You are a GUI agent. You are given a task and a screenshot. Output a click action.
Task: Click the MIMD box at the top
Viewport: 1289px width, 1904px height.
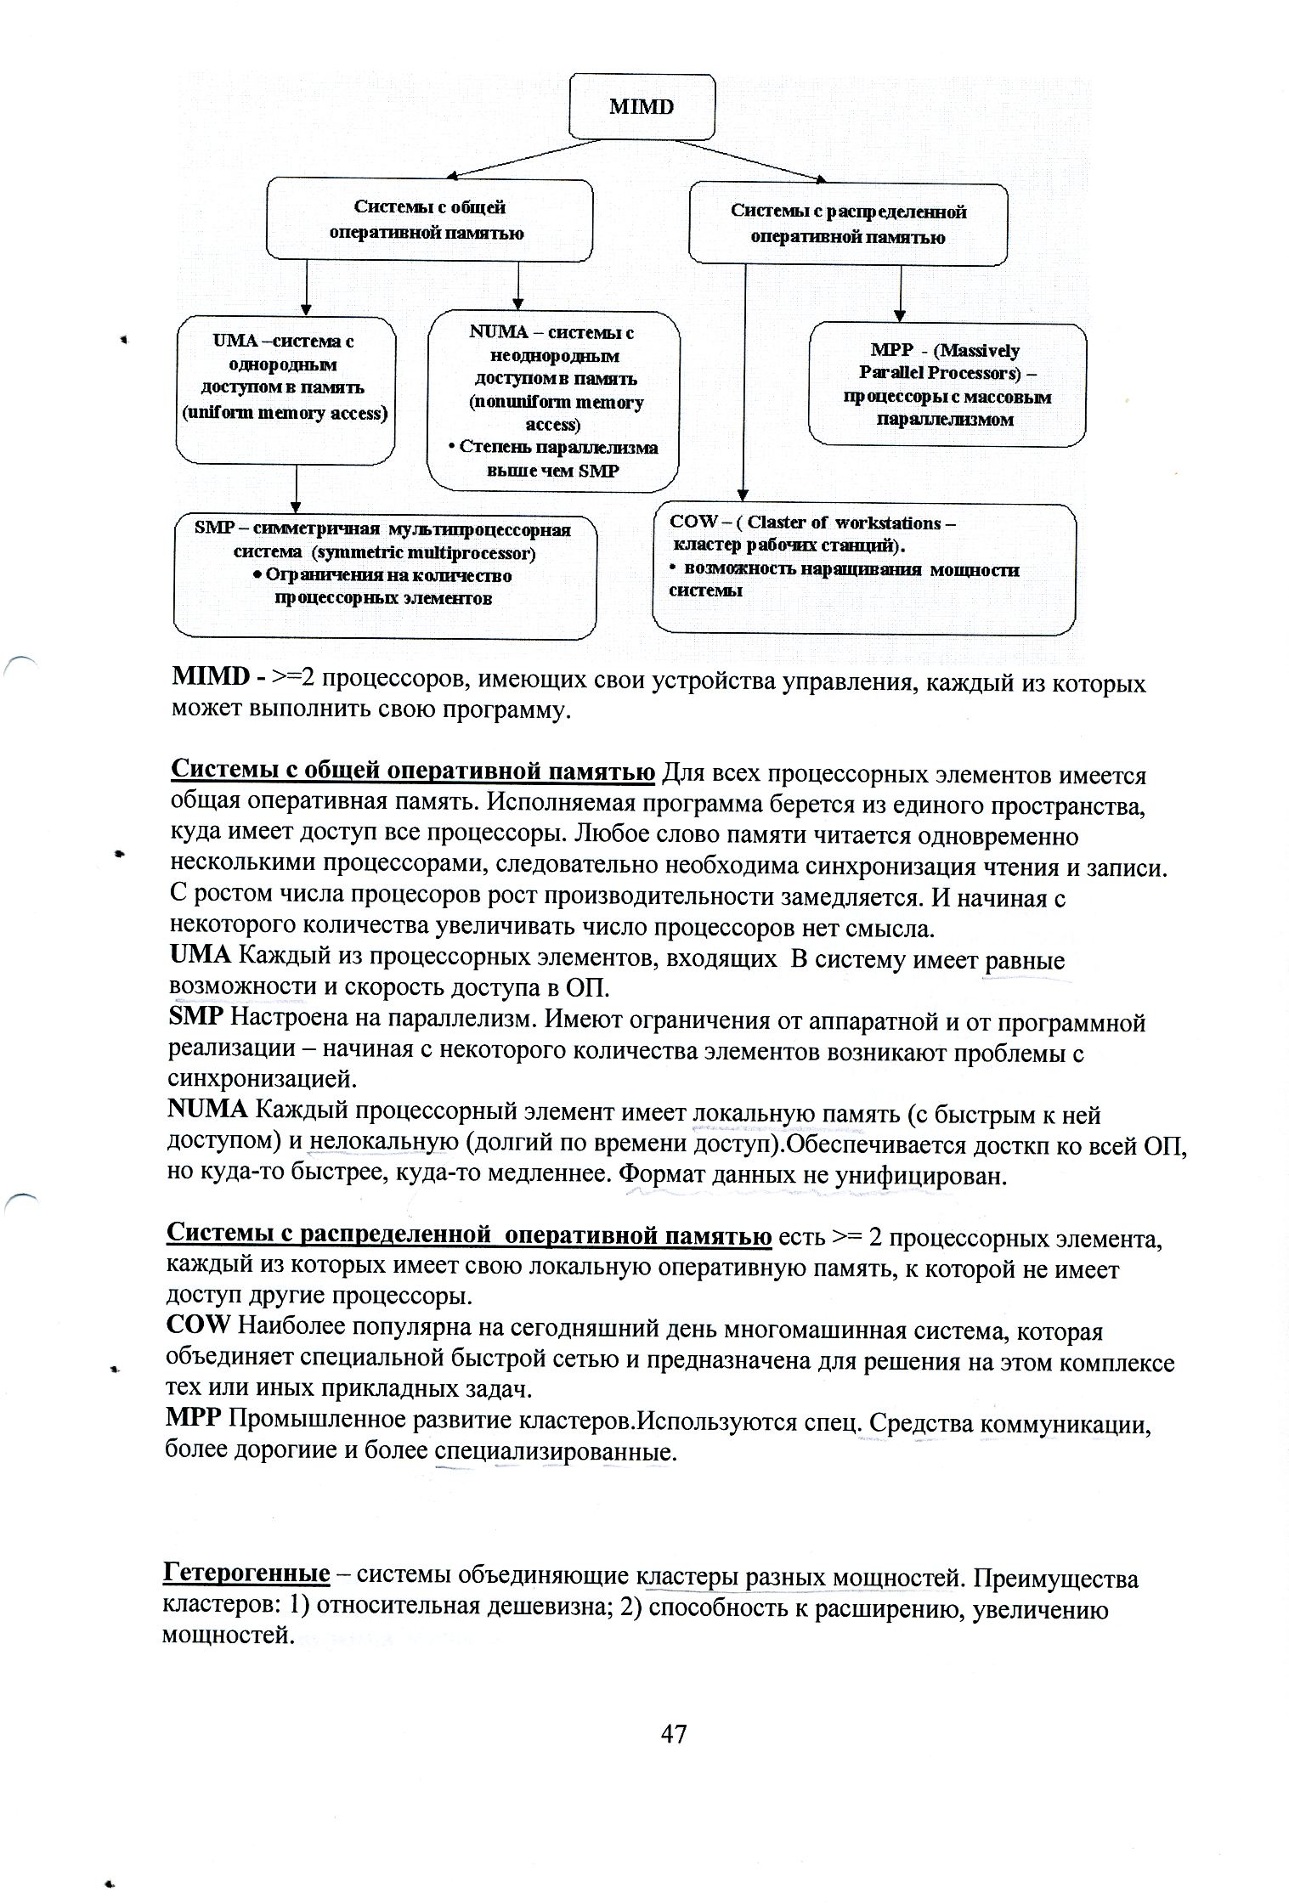(642, 106)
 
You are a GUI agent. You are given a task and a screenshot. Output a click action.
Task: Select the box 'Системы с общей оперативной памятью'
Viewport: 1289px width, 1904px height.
(429, 219)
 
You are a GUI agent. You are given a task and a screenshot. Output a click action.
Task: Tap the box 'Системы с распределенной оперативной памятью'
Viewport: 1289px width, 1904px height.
(847, 223)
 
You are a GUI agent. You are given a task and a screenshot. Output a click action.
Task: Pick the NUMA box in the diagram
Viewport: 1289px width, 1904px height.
(552, 401)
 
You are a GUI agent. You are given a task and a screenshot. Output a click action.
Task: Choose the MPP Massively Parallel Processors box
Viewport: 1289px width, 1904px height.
(947, 385)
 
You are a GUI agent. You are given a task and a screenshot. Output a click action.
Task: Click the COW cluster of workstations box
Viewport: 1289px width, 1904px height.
(863, 568)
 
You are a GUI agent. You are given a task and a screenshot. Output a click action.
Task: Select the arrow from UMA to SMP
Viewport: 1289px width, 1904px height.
(296, 489)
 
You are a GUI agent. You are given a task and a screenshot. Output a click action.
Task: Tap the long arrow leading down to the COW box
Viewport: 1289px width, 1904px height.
(743, 382)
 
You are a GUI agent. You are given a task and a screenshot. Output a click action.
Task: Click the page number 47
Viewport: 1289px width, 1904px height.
(673, 1734)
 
